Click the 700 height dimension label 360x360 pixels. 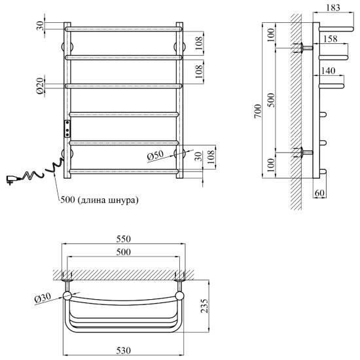point(259,111)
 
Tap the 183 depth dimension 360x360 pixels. point(333,8)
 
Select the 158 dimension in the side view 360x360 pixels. point(331,39)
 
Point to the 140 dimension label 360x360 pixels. point(329,71)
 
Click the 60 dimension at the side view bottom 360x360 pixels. point(320,193)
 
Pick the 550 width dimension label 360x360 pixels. point(124,239)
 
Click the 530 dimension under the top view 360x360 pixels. point(124,351)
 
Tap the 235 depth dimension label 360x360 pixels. point(205,306)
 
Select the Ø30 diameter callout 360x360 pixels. point(43,298)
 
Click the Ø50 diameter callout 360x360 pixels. point(155,155)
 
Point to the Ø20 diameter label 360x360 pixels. point(40,86)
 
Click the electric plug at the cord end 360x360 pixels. point(12,179)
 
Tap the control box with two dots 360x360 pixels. point(67,128)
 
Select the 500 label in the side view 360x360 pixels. point(272,99)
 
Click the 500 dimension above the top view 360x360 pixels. point(124,252)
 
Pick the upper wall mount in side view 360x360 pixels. point(306,48)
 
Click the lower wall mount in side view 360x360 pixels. point(306,153)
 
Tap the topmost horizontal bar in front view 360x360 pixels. point(124,29)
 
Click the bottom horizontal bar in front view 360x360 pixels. point(124,171)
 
